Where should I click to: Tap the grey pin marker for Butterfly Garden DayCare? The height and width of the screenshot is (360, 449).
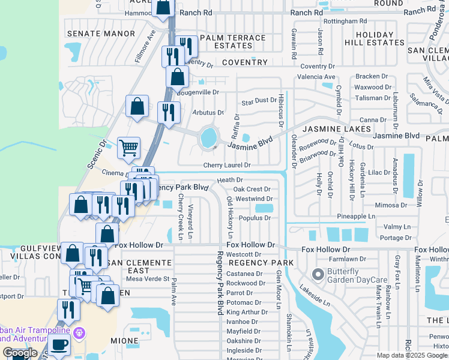[x=318, y=275]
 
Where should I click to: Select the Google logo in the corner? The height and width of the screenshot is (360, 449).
[x=19, y=353]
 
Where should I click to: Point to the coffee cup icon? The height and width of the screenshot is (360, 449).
[x=59, y=345]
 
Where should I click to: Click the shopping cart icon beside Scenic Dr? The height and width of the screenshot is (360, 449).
[x=128, y=147]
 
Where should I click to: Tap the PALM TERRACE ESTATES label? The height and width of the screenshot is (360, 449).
[x=232, y=41]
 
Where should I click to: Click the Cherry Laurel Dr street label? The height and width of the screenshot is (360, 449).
[x=226, y=165]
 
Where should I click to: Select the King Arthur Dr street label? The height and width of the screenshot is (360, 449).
[x=244, y=312]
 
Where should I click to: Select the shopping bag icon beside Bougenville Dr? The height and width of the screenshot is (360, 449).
[x=177, y=77]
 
